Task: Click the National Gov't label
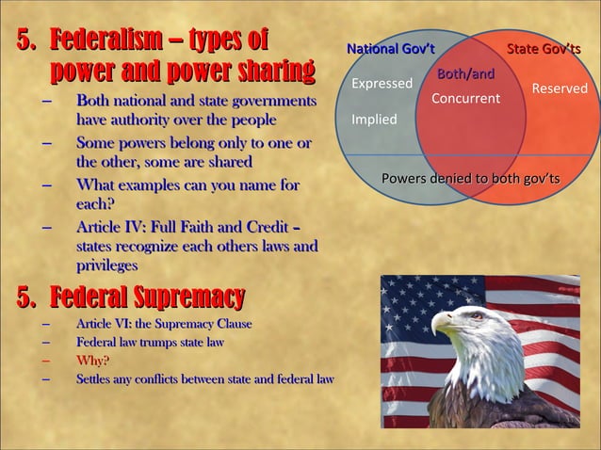pos(390,49)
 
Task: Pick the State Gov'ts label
pos(544,49)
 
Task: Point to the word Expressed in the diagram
pos(382,84)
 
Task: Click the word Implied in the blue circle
pos(374,120)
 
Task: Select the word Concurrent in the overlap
pos(465,99)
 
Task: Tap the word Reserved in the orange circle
pos(560,88)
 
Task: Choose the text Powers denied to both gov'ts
pos(470,179)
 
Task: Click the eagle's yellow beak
pos(442,322)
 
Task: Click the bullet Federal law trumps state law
pos(150,343)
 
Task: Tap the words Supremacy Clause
pos(206,324)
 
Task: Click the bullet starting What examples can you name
pos(187,185)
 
